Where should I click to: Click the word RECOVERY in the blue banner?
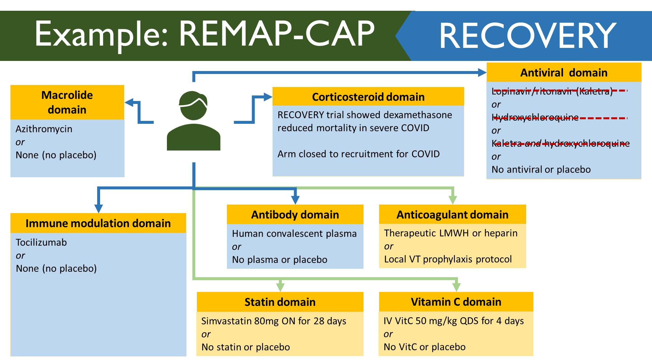528,36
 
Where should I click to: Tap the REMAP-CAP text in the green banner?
277,34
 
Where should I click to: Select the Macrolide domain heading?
67,102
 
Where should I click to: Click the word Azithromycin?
44,129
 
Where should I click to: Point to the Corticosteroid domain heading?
368,97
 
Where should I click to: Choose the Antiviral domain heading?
564,72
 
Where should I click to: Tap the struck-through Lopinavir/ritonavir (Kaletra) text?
552,91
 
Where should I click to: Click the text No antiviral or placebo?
541,169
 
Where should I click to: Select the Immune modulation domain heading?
98,223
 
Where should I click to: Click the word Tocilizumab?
41,242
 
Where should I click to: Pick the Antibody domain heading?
295,215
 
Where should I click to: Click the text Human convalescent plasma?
294,234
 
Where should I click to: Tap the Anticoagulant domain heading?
452,215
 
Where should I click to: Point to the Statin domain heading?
280,302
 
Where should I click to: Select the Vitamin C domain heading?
456,302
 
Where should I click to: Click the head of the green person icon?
193,106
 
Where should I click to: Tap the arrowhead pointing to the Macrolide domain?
129,103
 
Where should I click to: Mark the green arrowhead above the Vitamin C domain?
456,287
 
